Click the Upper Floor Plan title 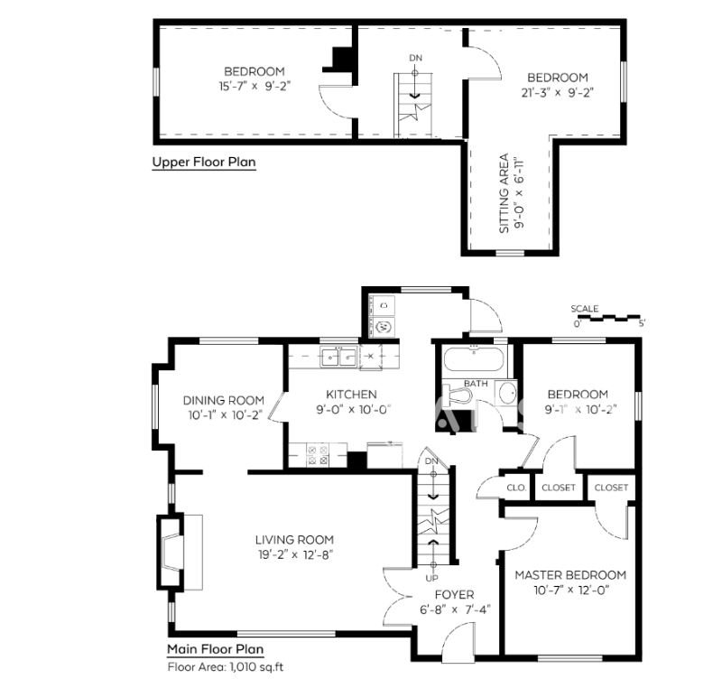(x=203, y=163)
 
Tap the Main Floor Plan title (x=216, y=648)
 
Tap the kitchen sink (x=339, y=358)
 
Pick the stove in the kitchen (x=317, y=454)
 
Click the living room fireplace (x=176, y=552)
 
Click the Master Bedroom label (x=569, y=575)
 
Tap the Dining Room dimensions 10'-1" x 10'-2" (x=223, y=416)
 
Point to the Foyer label (x=454, y=594)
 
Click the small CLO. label (x=516, y=488)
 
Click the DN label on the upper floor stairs (x=415, y=59)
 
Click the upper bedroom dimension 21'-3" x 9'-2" (x=557, y=92)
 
